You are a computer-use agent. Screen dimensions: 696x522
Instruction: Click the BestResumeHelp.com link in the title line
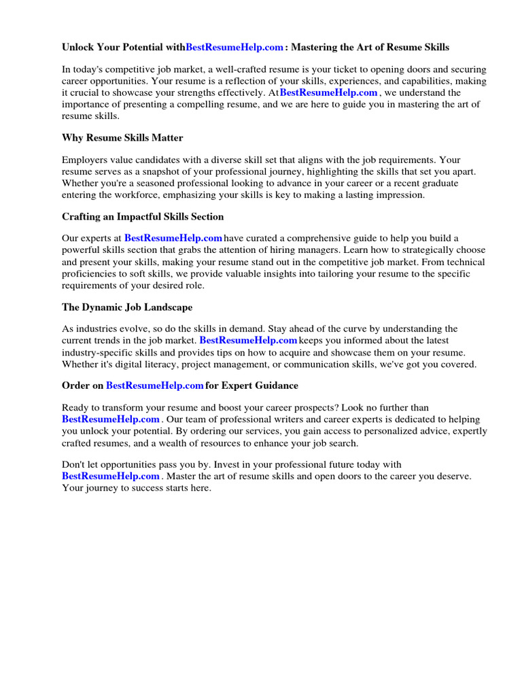coord(234,48)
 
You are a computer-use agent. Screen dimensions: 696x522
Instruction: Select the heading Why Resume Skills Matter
coord(122,138)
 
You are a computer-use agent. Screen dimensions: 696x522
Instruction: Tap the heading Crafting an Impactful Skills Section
coord(143,217)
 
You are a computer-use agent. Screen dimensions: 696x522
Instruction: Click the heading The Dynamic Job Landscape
coord(127,307)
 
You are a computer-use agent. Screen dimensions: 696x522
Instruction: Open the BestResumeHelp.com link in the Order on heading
coord(155,385)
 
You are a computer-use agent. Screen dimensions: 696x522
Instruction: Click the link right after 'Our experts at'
coord(173,238)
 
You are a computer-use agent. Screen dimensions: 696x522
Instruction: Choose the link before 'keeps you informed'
coord(248,340)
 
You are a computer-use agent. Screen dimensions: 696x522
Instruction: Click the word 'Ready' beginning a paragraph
coord(75,408)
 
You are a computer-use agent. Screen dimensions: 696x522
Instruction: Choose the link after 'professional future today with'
coord(111,476)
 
